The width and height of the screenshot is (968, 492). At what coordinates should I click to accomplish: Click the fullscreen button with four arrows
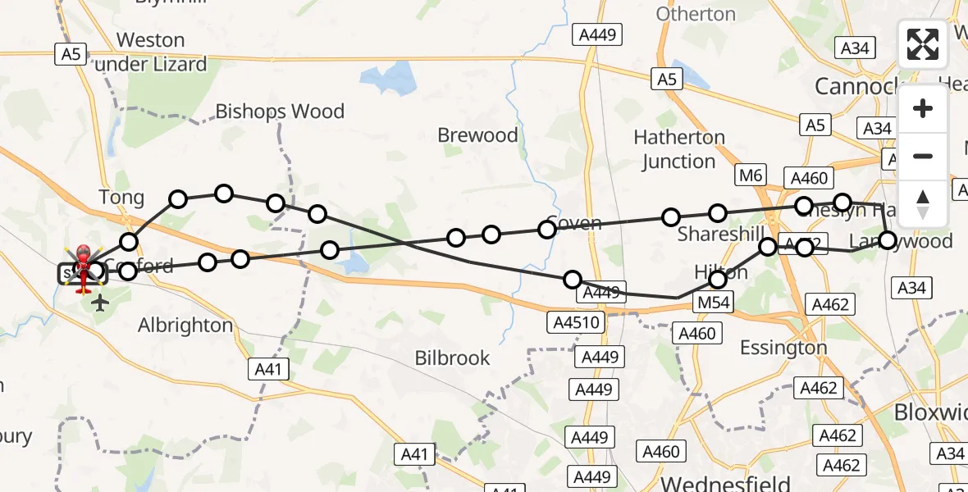coord(923,44)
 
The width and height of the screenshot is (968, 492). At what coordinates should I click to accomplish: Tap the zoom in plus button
coord(923,108)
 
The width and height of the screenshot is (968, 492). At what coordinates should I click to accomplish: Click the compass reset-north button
coord(923,203)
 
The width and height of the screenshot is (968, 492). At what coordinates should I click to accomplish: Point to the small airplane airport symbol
coord(100,303)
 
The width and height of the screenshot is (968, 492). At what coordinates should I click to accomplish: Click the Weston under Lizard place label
coord(151,52)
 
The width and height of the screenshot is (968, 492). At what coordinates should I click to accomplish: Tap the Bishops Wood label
coord(280,112)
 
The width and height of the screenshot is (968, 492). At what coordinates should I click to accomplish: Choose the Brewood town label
coord(477,135)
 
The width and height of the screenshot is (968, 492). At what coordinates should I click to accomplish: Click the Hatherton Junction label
coord(679,149)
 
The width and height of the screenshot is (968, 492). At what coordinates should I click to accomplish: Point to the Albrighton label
coord(185,326)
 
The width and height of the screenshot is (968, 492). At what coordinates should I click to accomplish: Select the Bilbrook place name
coord(452,358)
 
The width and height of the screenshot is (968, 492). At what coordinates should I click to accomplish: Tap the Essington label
coord(783,348)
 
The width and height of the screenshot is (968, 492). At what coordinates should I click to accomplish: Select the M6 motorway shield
coord(751,174)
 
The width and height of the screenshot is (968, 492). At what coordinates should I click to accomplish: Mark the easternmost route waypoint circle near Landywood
coord(888,240)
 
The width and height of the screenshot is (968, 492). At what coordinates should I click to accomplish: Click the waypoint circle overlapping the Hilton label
coord(718,280)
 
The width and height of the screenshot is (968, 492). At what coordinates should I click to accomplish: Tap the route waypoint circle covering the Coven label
coord(547,229)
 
